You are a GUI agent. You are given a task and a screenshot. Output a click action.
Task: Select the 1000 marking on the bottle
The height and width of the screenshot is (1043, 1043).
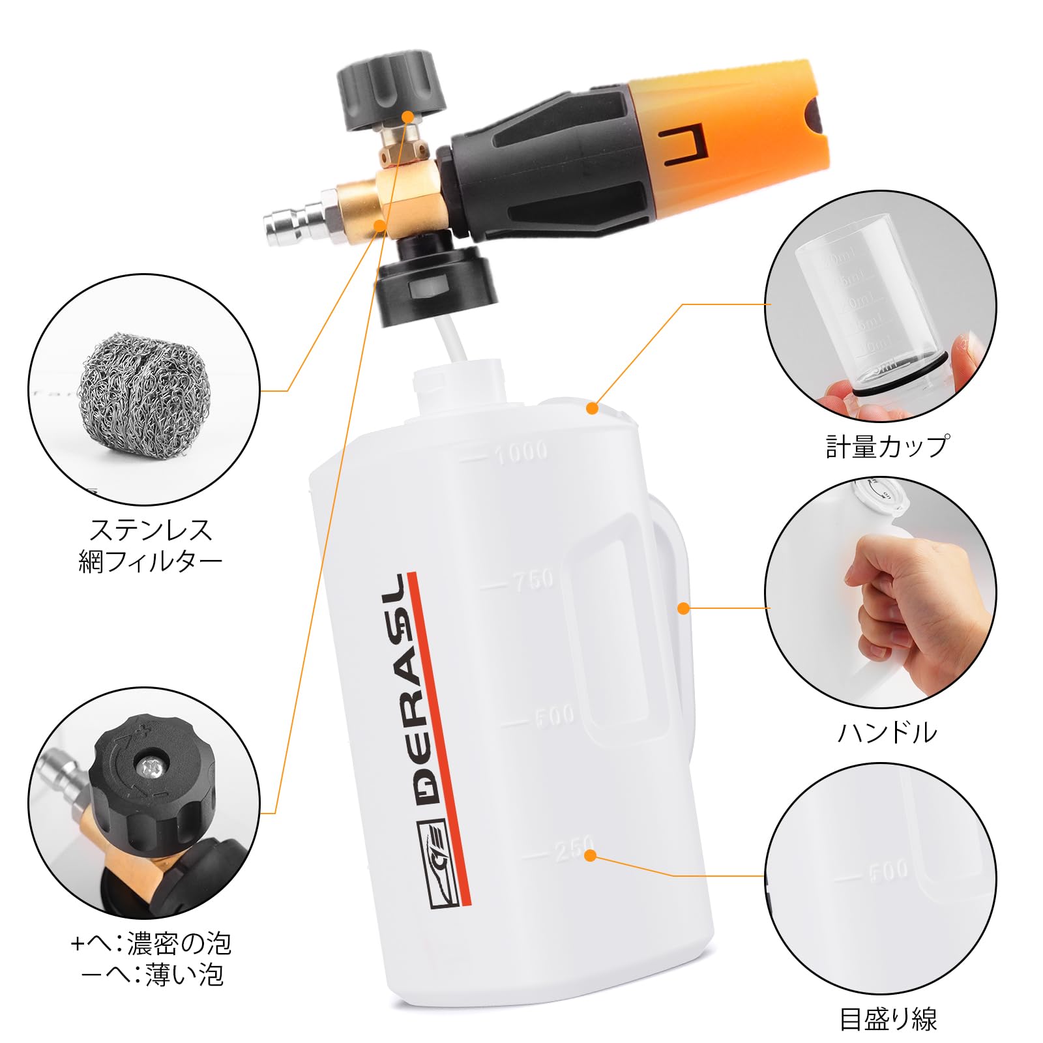click(x=521, y=452)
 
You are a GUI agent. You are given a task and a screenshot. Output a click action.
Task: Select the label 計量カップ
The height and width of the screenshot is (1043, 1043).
click(x=887, y=447)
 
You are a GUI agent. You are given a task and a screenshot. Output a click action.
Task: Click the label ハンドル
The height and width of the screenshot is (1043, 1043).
click(x=887, y=733)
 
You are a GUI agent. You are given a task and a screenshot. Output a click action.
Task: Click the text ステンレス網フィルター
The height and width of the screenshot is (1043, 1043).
click(x=150, y=545)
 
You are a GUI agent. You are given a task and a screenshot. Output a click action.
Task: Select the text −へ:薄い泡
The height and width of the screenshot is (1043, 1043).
click(x=153, y=975)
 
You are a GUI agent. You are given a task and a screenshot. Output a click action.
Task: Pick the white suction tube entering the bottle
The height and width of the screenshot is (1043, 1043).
click(x=454, y=339)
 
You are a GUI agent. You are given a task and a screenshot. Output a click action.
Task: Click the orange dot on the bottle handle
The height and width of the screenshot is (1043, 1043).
click(x=683, y=608)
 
